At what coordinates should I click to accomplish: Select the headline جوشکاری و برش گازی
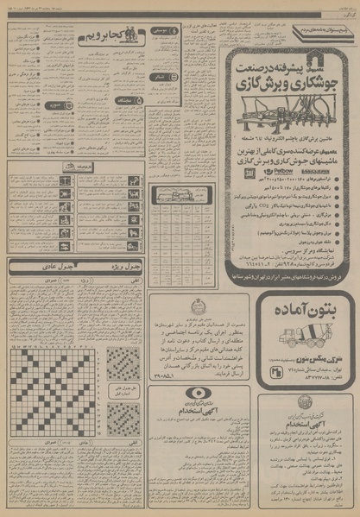pos(285,64)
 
